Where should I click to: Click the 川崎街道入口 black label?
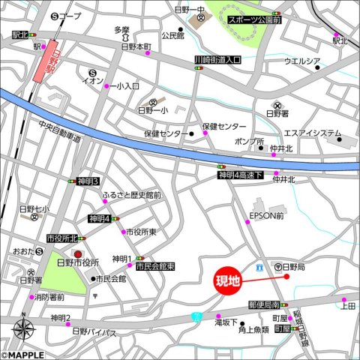click(x=217, y=59)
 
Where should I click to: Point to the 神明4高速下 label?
click(x=241, y=175)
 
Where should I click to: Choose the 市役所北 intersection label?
click(x=62, y=238)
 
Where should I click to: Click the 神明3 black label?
click(x=88, y=181)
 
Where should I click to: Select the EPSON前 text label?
click(x=266, y=216)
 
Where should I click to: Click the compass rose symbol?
click(x=22, y=328)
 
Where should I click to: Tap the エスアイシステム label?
click(x=313, y=133)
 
